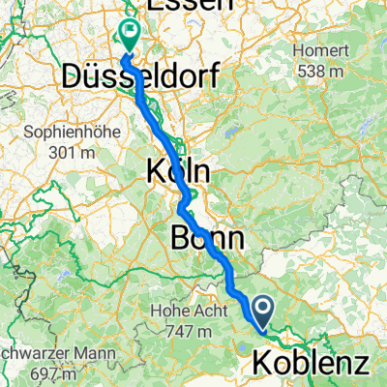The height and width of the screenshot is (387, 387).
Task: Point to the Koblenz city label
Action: pyautogui.click(x=312, y=364)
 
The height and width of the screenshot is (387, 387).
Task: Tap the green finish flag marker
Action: pyautogui.click(x=129, y=34)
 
